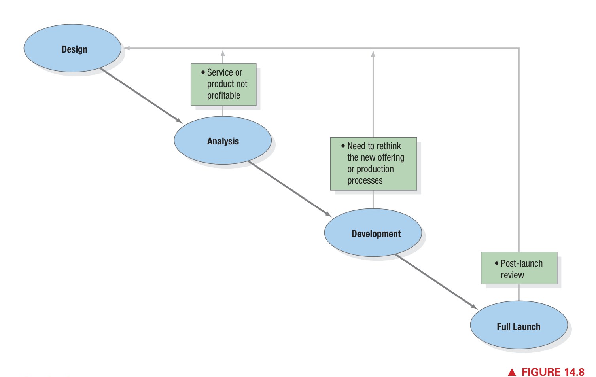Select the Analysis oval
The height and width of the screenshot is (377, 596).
coord(223,140)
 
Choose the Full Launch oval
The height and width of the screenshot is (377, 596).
coord(518,325)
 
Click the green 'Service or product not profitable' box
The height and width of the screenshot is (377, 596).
coord(223,85)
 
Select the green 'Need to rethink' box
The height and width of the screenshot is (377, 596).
coord(373,164)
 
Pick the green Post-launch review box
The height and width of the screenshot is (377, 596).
coord(519,268)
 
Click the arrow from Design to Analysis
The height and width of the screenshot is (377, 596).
coord(140,95)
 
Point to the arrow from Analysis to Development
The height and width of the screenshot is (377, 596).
coord(289,189)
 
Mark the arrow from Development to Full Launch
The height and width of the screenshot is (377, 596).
coord(436,282)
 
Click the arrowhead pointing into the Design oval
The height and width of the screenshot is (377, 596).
coord(127,48)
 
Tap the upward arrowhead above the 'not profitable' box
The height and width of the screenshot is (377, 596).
coord(223,53)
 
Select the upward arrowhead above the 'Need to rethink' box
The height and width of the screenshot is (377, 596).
coord(373,53)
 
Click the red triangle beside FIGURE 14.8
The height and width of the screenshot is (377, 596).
coord(512,372)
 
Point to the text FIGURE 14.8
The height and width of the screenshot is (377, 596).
coord(552,372)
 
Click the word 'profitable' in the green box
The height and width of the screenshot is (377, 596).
coord(223,96)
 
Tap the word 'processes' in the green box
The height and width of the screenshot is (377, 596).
coord(365,181)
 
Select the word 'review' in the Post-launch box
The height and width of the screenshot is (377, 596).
coord(512,275)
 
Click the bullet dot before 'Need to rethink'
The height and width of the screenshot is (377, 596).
coord(343,146)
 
